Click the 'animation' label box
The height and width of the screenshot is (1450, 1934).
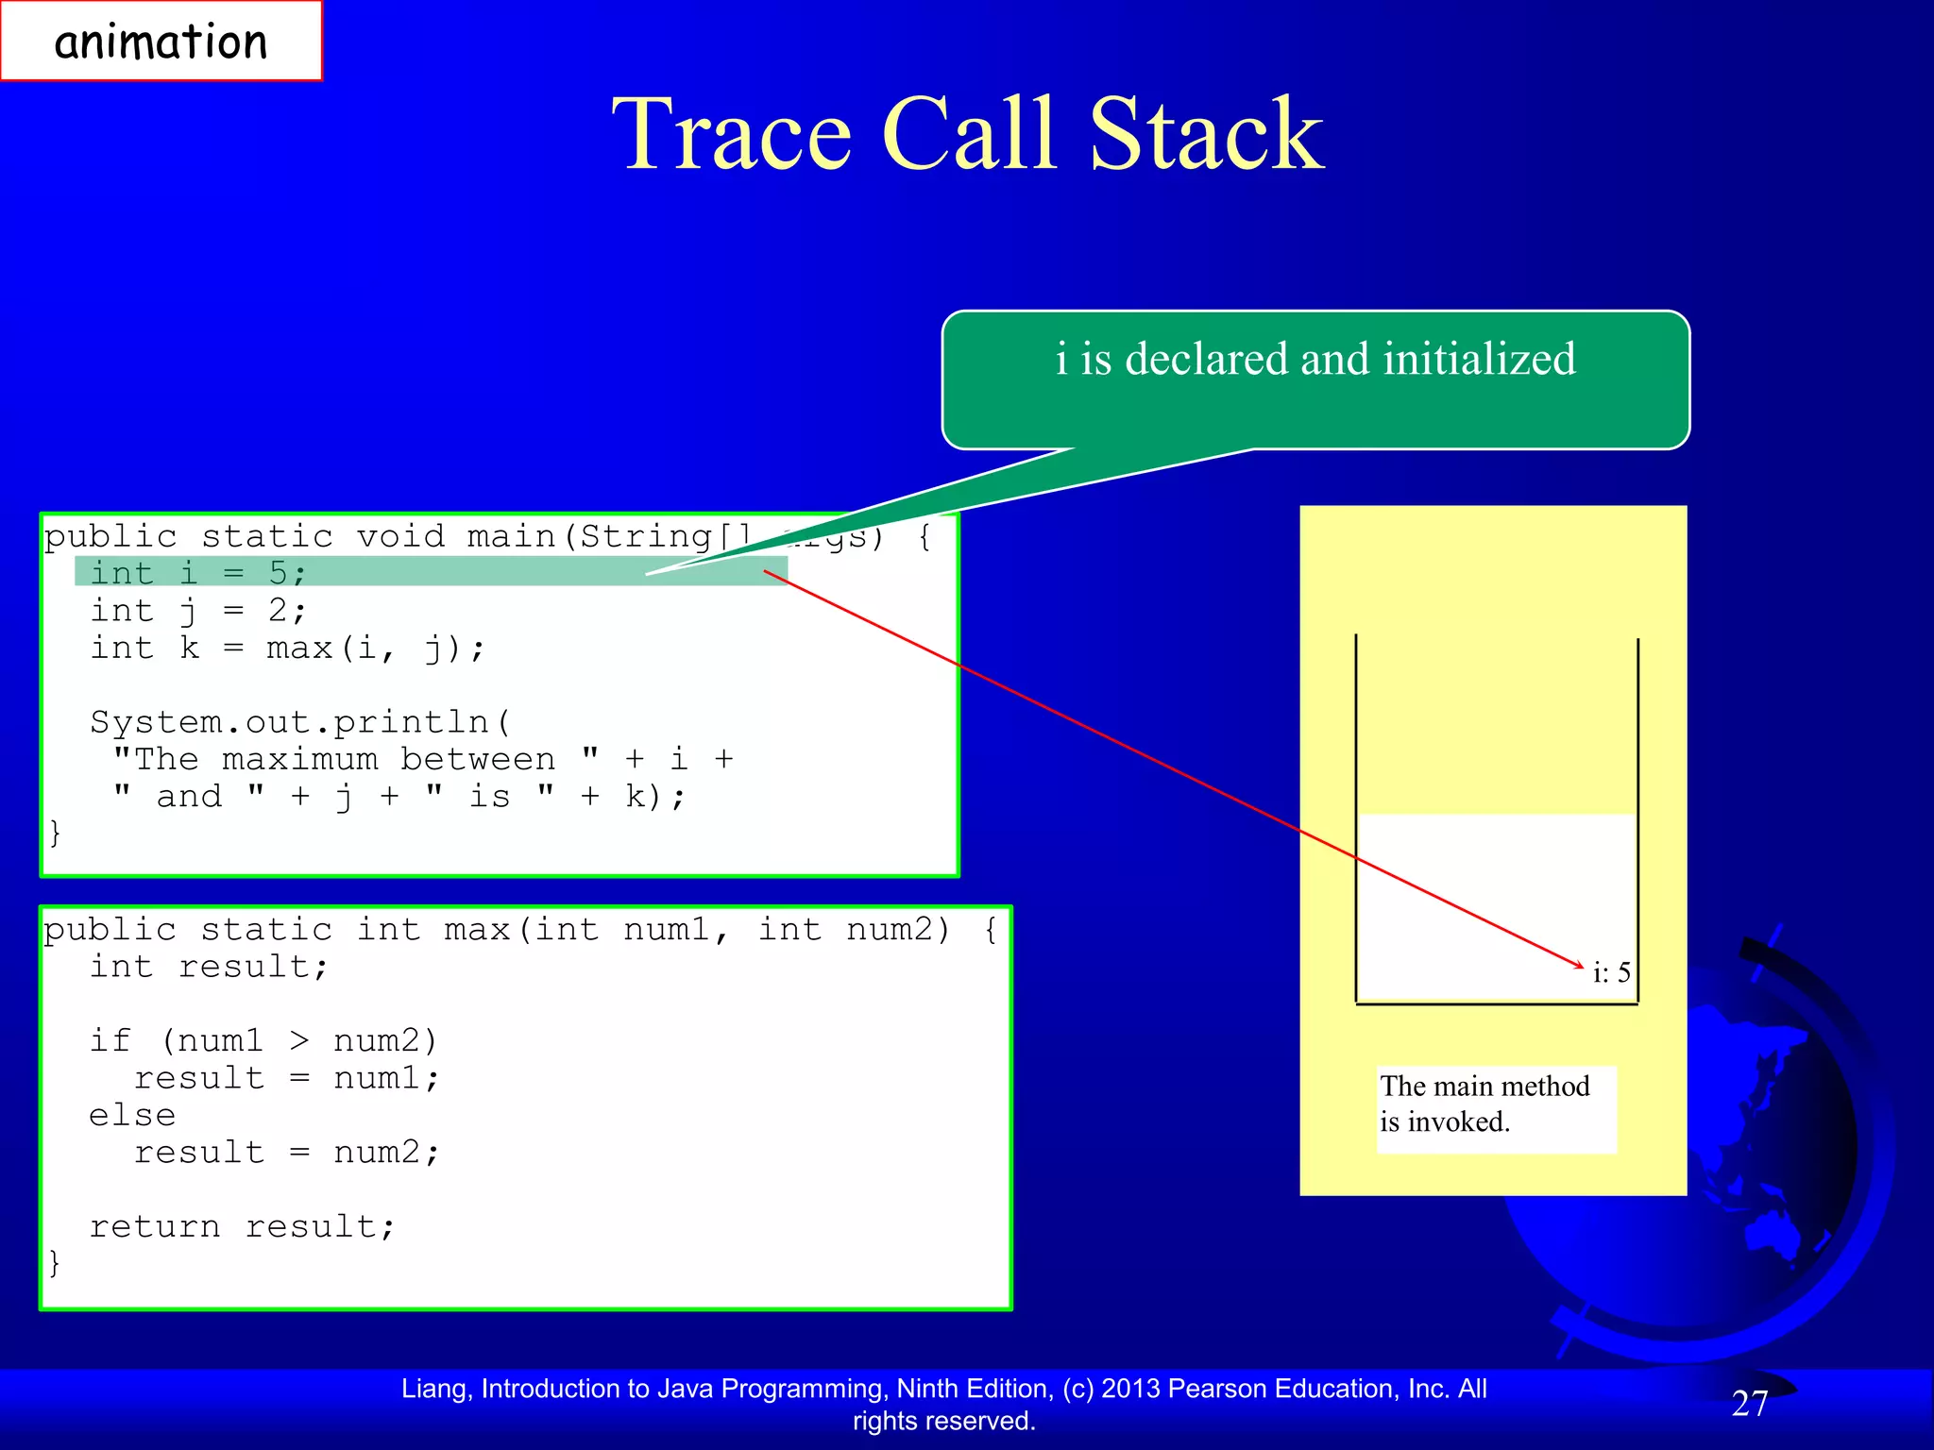pos(161,42)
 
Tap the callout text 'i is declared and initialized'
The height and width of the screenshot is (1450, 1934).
pos(1315,360)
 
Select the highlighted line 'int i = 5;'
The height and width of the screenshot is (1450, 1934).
pos(198,572)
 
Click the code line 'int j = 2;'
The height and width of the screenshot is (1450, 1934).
pos(198,610)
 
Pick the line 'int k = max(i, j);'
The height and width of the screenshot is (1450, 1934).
pos(287,648)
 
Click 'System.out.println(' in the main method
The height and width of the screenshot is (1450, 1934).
pos(300,722)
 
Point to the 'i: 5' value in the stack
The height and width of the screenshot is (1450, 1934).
pos(1611,972)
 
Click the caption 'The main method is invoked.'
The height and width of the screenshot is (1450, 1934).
pos(1484,1104)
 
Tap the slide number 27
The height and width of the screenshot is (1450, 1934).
pos(1749,1404)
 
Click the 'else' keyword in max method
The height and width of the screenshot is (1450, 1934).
pos(132,1115)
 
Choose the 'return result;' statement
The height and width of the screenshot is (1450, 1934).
pos(242,1226)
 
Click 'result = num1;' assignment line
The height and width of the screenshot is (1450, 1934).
pos(286,1078)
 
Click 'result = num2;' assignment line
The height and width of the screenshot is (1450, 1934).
pos(286,1152)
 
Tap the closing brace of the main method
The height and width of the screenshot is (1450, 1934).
pos(55,833)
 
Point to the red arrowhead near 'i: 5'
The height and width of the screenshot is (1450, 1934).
pos(1579,965)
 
